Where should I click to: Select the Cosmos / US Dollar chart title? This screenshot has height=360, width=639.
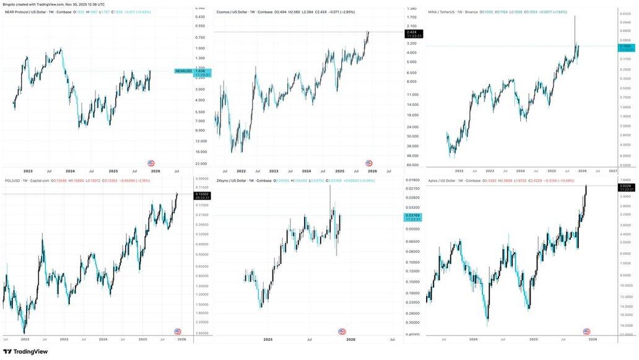(235, 12)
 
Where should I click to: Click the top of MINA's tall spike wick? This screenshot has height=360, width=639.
(575, 16)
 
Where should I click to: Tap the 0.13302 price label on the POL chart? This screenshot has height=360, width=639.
(202, 194)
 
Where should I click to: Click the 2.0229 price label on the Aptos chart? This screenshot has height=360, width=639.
(626, 186)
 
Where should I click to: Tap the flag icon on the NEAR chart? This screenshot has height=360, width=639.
(151, 163)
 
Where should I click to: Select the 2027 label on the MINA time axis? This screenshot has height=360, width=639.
(612, 170)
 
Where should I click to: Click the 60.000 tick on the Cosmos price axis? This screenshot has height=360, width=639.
(412, 165)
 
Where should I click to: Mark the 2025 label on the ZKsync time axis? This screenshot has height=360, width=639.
(268, 339)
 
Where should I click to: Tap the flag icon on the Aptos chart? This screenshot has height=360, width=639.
(586, 331)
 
